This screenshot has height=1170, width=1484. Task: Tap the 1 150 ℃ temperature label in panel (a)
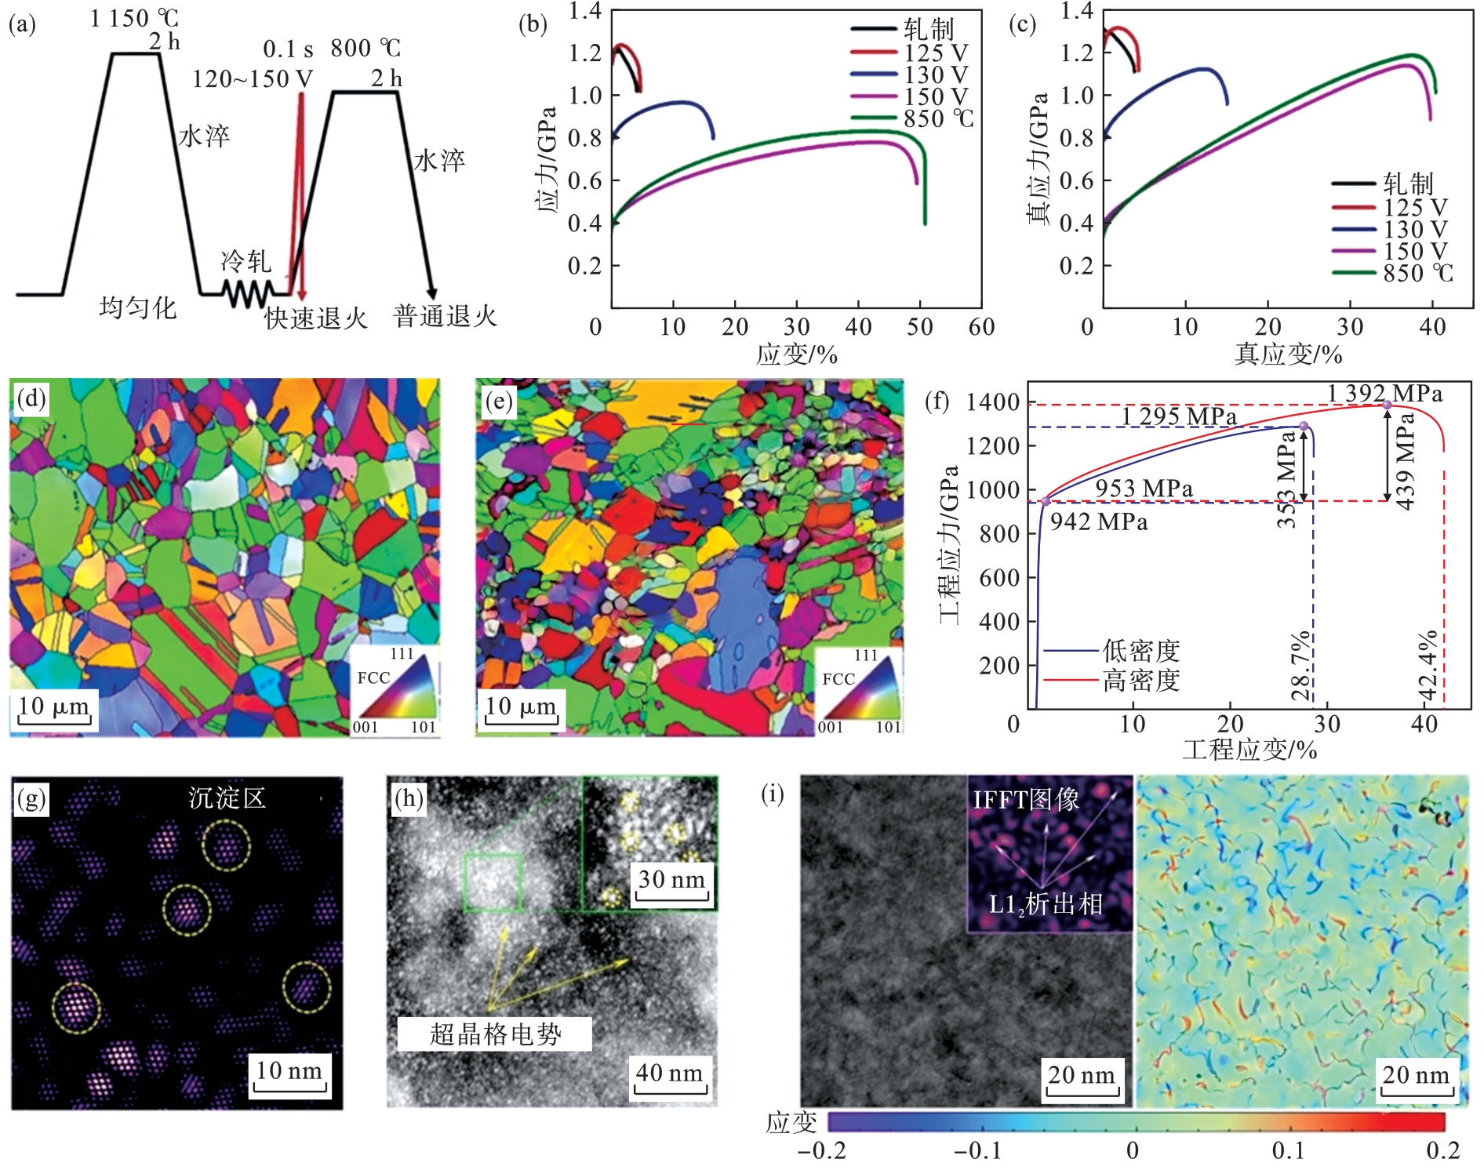pyautogui.click(x=134, y=18)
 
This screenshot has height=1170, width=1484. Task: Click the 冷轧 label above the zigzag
pyautogui.click(x=246, y=261)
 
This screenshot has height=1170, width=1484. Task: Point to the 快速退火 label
pyautogui.click(x=316, y=318)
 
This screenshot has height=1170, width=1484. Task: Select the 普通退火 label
pyautogui.click(x=445, y=316)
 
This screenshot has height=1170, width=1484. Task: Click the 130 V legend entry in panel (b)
pyautogui.click(x=935, y=74)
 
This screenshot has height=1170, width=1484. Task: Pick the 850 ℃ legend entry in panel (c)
pyautogui.click(x=1417, y=273)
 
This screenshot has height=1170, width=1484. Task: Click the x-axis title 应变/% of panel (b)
pyautogui.click(x=796, y=354)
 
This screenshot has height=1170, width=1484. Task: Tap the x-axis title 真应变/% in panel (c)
pyautogui.click(x=1288, y=354)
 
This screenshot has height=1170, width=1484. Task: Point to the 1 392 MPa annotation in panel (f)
pyautogui.click(x=1384, y=393)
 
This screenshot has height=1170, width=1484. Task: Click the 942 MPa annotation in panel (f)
pyautogui.click(x=1098, y=521)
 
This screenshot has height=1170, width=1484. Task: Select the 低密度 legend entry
pyautogui.click(x=1140, y=651)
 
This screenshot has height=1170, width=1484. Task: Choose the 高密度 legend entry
pyautogui.click(x=1140, y=680)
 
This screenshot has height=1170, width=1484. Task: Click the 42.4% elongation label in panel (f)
pyautogui.click(x=1429, y=665)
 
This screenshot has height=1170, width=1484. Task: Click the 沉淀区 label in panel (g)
pyautogui.click(x=227, y=798)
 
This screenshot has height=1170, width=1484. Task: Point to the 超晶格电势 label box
pyautogui.click(x=494, y=1034)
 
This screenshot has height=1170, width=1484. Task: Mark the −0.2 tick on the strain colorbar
pyautogui.click(x=821, y=1150)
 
